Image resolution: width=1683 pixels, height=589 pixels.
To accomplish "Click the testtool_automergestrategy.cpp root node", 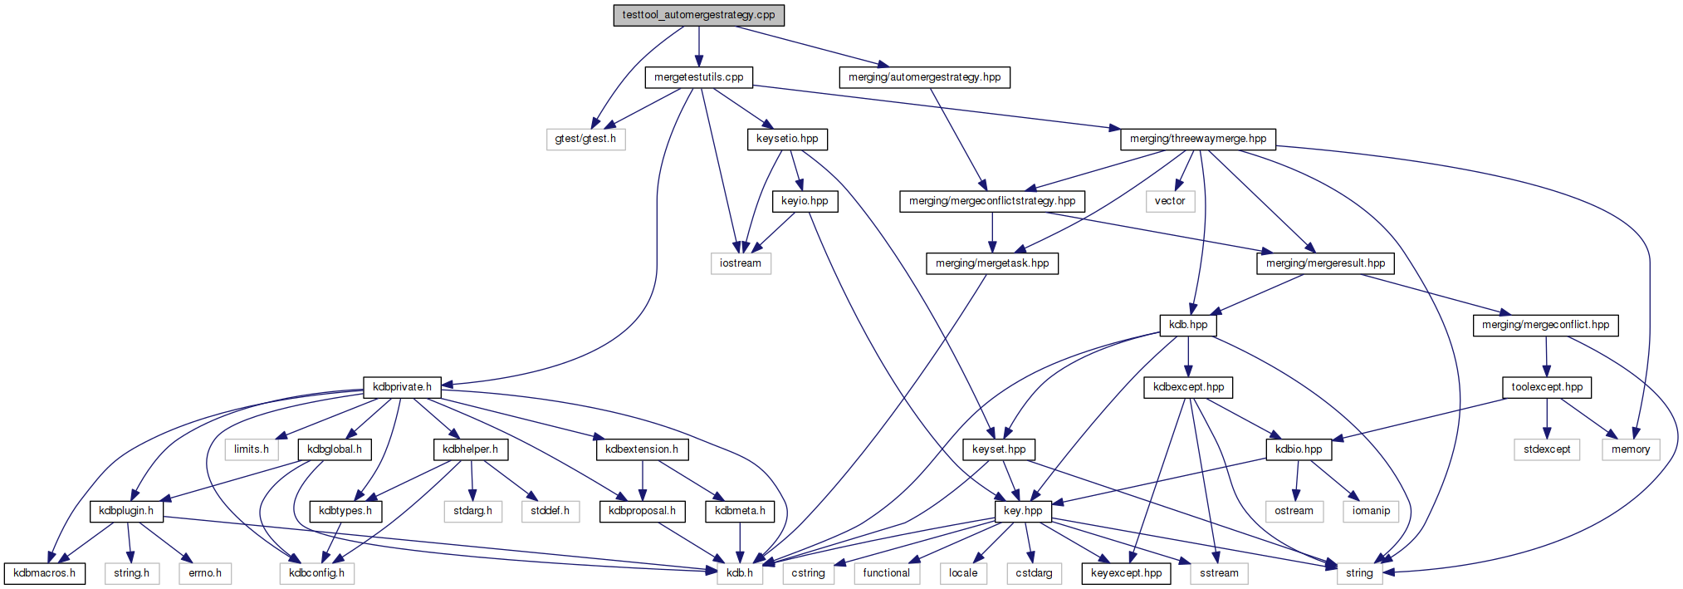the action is pyautogui.click(x=699, y=15).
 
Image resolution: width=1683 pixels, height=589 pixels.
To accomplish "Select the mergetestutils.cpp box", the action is pyautogui.click(x=699, y=77).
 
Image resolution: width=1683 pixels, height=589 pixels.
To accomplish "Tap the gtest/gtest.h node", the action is pyautogui.click(x=585, y=139).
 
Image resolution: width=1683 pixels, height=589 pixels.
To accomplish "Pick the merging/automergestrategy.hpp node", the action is pyautogui.click(x=925, y=77).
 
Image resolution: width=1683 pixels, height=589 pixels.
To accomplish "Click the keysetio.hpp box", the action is pyautogui.click(x=787, y=139).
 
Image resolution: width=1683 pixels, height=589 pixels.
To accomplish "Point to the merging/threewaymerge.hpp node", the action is pyautogui.click(x=1198, y=139).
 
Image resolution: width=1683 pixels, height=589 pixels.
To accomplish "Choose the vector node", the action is pyautogui.click(x=1170, y=201).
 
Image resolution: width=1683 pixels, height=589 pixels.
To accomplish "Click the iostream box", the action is pyautogui.click(x=741, y=263).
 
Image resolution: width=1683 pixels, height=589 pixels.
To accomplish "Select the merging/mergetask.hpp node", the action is pyautogui.click(x=992, y=263).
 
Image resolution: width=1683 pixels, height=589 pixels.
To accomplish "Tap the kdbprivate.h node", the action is pyautogui.click(x=402, y=387).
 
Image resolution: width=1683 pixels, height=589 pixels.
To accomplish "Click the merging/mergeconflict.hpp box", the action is pyautogui.click(x=1546, y=325).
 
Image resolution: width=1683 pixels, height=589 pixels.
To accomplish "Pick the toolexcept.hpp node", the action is pyautogui.click(x=1547, y=387).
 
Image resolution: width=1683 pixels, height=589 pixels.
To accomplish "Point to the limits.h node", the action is pyautogui.click(x=252, y=449).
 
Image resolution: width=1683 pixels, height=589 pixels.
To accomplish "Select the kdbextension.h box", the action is pyautogui.click(x=642, y=449).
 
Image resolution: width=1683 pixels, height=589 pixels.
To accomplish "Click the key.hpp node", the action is pyautogui.click(x=1023, y=511).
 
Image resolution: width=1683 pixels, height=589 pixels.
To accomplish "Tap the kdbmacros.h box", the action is pyautogui.click(x=45, y=573).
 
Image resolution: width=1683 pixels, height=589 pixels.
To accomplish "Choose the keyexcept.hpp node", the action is pyautogui.click(x=1127, y=573).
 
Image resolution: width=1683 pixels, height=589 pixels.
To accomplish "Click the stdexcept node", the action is pyautogui.click(x=1547, y=449).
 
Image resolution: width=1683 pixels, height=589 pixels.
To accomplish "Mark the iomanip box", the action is pyautogui.click(x=1371, y=511).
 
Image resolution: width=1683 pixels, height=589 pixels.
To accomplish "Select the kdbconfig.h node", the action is pyautogui.click(x=317, y=573).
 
